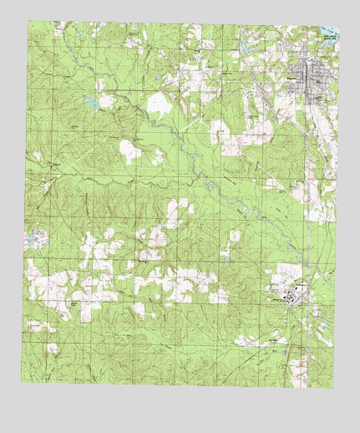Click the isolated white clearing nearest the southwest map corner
tap(52, 348)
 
